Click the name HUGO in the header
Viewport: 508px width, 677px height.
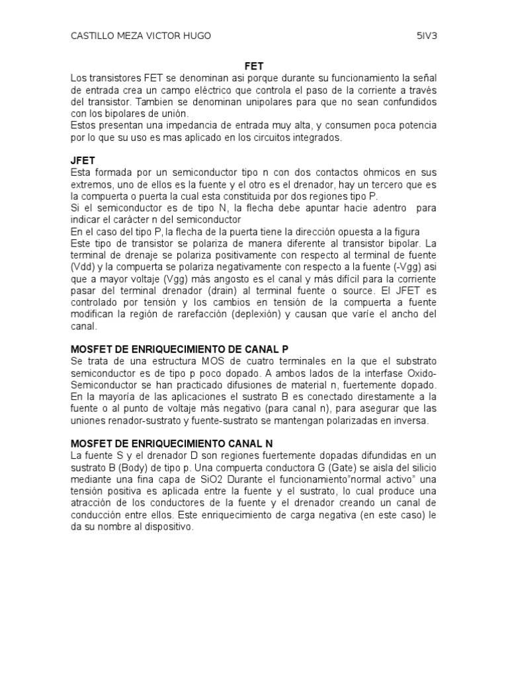coord(196,36)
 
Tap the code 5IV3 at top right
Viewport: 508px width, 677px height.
coord(427,36)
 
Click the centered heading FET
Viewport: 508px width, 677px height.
coord(254,67)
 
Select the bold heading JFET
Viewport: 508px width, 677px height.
coord(83,161)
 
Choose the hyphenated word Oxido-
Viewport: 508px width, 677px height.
coord(421,372)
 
